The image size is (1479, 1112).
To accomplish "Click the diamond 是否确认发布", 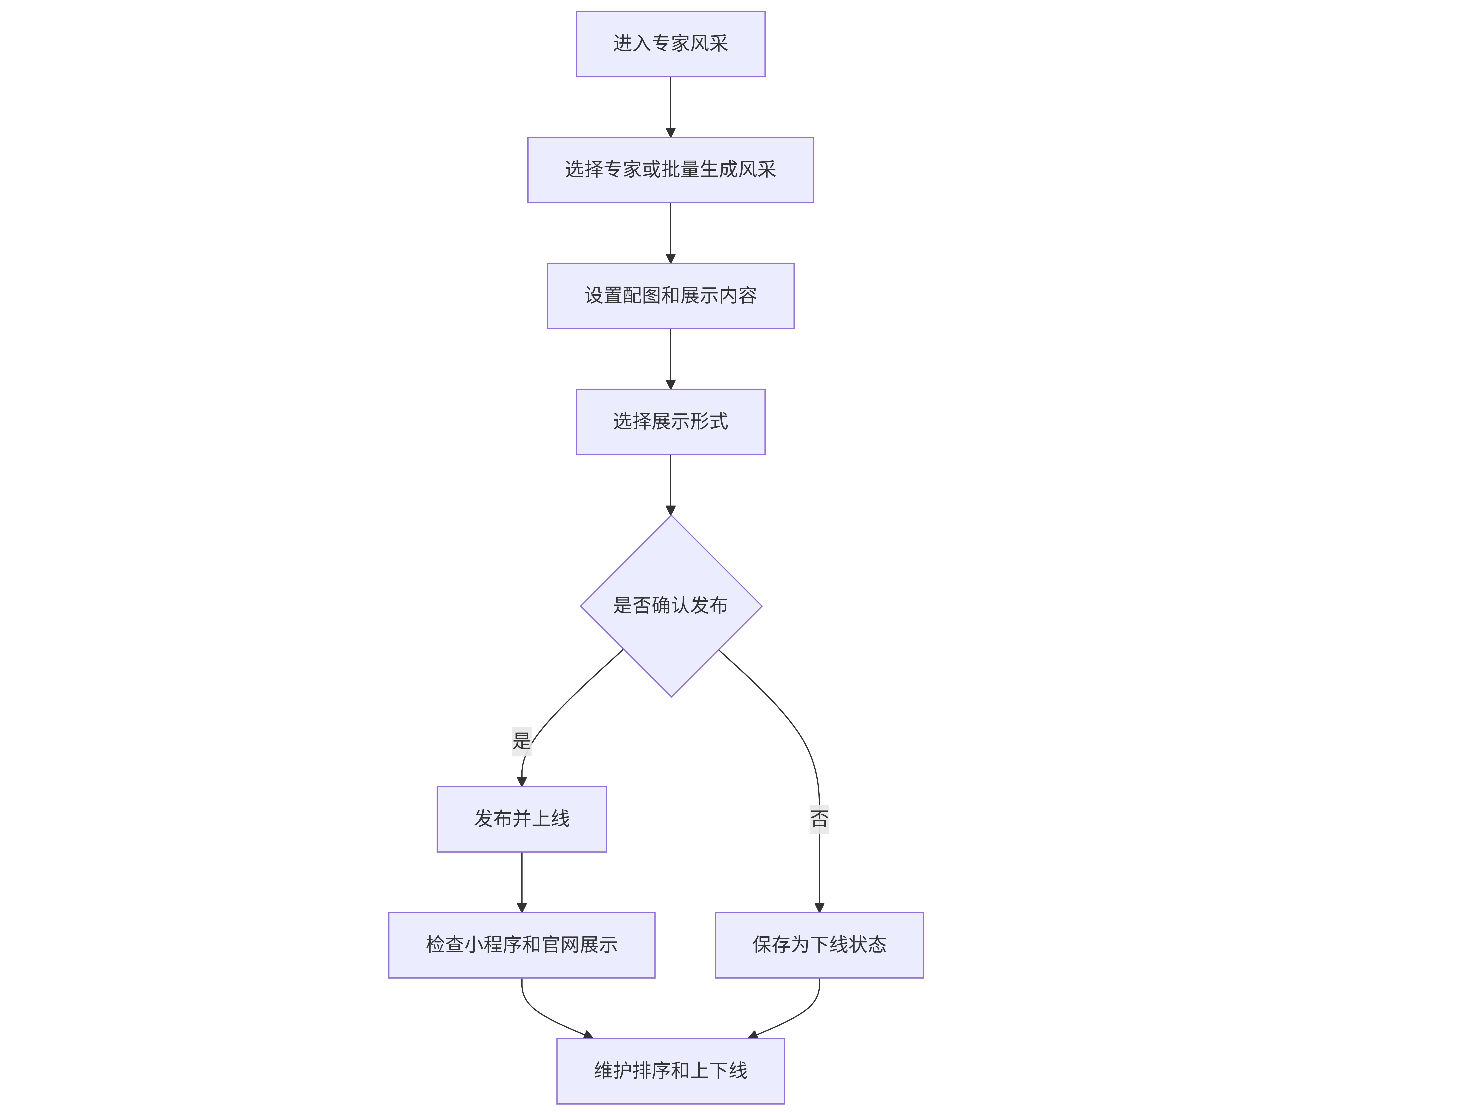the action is click(671, 606).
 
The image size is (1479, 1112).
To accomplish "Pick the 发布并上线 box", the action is click(522, 819).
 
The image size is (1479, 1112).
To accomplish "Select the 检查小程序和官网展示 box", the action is click(522, 945).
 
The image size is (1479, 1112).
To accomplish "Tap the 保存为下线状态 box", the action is click(819, 945).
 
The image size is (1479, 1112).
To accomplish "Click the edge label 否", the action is click(819, 819).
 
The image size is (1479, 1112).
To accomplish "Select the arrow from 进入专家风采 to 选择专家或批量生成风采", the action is click(671, 107).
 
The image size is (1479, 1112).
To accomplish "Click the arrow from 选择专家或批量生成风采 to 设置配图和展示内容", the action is click(671, 233).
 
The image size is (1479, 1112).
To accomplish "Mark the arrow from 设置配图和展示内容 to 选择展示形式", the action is click(671, 359).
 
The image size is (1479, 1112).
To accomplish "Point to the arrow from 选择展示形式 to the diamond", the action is click(671, 485).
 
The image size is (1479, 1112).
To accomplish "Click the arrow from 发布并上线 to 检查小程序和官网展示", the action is click(522, 882).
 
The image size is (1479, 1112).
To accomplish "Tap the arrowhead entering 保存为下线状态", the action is click(819, 907).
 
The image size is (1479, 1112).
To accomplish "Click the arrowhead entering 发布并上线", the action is click(522, 782).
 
